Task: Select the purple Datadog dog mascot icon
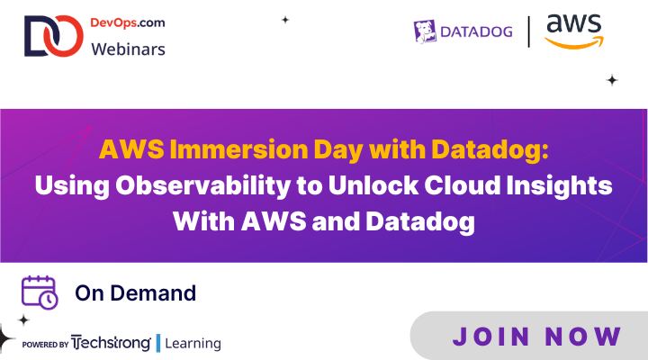click(x=424, y=31)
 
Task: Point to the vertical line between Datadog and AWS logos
click(x=530, y=31)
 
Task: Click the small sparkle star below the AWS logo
click(x=612, y=80)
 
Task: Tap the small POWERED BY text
click(x=44, y=345)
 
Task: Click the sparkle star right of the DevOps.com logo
click(x=285, y=19)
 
